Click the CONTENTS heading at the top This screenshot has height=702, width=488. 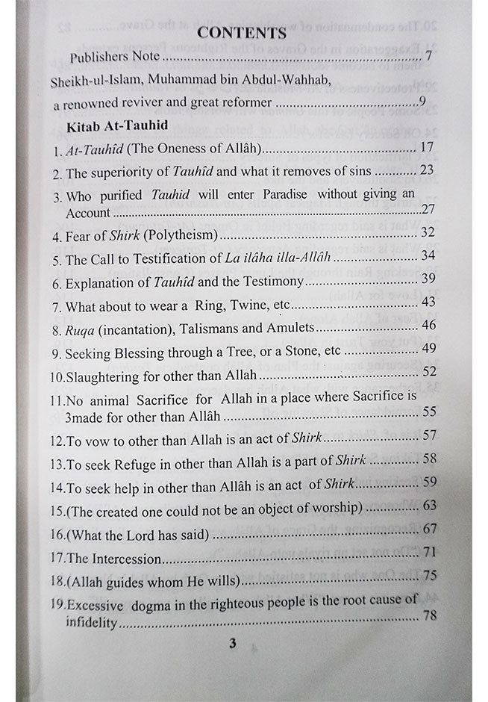click(x=242, y=32)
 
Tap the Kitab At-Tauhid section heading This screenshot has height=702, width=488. click(x=116, y=125)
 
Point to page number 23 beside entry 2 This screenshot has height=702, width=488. click(x=426, y=171)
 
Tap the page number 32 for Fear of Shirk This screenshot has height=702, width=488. click(x=427, y=232)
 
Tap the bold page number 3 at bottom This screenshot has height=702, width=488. click(x=232, y=643)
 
